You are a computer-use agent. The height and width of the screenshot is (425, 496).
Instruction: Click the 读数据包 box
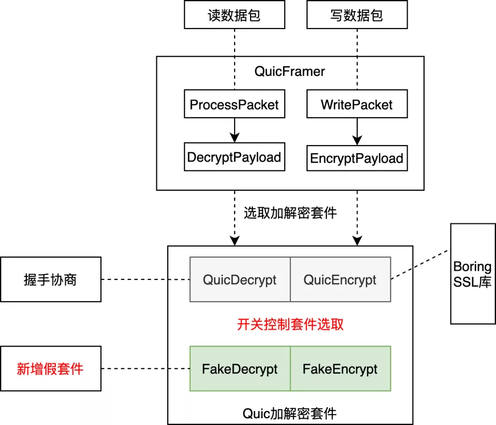tap(235, 15)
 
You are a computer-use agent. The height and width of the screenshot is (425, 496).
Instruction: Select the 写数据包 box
tap(357, 15)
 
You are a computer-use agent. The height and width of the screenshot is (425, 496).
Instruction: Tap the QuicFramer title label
tap(289, 71)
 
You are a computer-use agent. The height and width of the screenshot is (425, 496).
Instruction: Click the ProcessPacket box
tap(235, 104)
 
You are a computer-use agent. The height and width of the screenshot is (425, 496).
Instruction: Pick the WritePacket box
tap(357, 104)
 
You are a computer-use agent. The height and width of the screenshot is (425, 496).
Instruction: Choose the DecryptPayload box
tap(235, 157)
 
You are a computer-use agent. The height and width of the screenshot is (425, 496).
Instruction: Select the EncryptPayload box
tap(357, 158)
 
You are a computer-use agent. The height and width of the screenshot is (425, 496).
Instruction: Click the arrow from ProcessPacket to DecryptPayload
tap(235, 130)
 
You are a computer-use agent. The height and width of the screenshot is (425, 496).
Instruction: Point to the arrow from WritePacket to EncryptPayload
tap(357, 132)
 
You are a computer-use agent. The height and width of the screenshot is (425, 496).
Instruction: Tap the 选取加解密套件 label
tap(290, 213)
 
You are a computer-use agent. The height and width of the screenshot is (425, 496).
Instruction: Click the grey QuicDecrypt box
tap(240, 279)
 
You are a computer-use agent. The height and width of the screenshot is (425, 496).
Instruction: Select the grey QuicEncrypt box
tap(340, 279)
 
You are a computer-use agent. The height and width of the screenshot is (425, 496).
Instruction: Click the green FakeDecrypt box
tap(240, 368)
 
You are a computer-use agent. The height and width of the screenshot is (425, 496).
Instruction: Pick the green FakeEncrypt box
tap(340, 368)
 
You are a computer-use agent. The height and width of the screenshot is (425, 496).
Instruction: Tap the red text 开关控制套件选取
tap(290, 324)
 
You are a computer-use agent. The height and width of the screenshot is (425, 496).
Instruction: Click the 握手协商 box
tap(51, 279)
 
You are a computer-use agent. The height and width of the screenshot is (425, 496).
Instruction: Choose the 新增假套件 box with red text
tap(51, 368)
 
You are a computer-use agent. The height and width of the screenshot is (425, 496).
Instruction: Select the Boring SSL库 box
tap(473, 274)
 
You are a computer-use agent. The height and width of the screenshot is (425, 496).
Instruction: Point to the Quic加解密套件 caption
tap(289, 414)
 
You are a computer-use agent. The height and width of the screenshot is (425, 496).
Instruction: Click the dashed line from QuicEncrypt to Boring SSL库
tap(421, 264)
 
